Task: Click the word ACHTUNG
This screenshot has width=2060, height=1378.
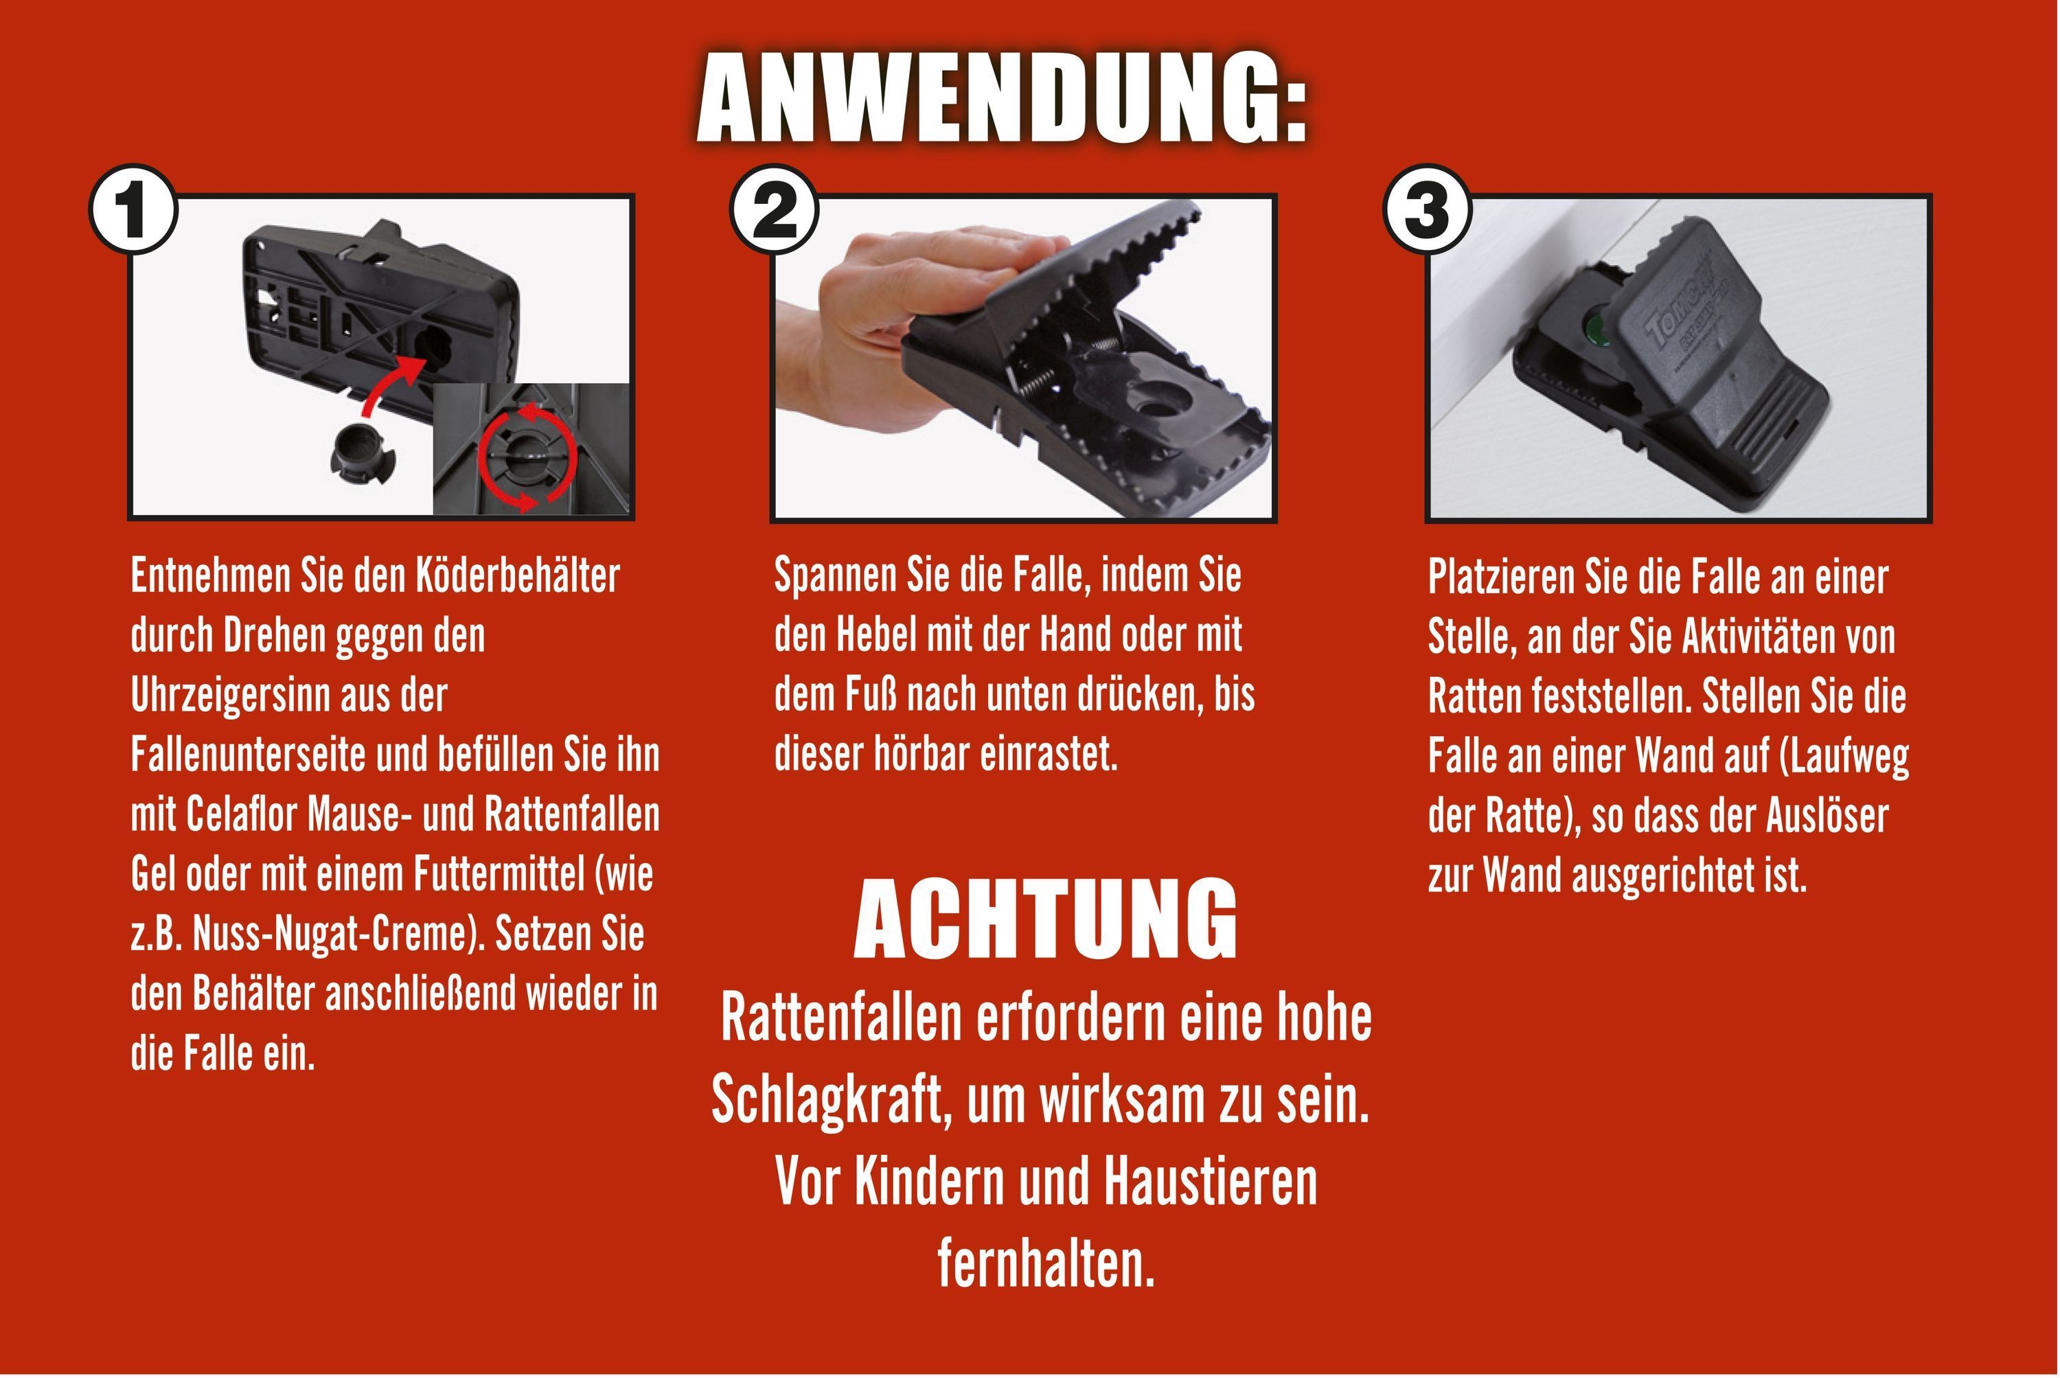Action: coord(1046,920)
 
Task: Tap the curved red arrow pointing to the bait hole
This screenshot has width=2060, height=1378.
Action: coord(391,382)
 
